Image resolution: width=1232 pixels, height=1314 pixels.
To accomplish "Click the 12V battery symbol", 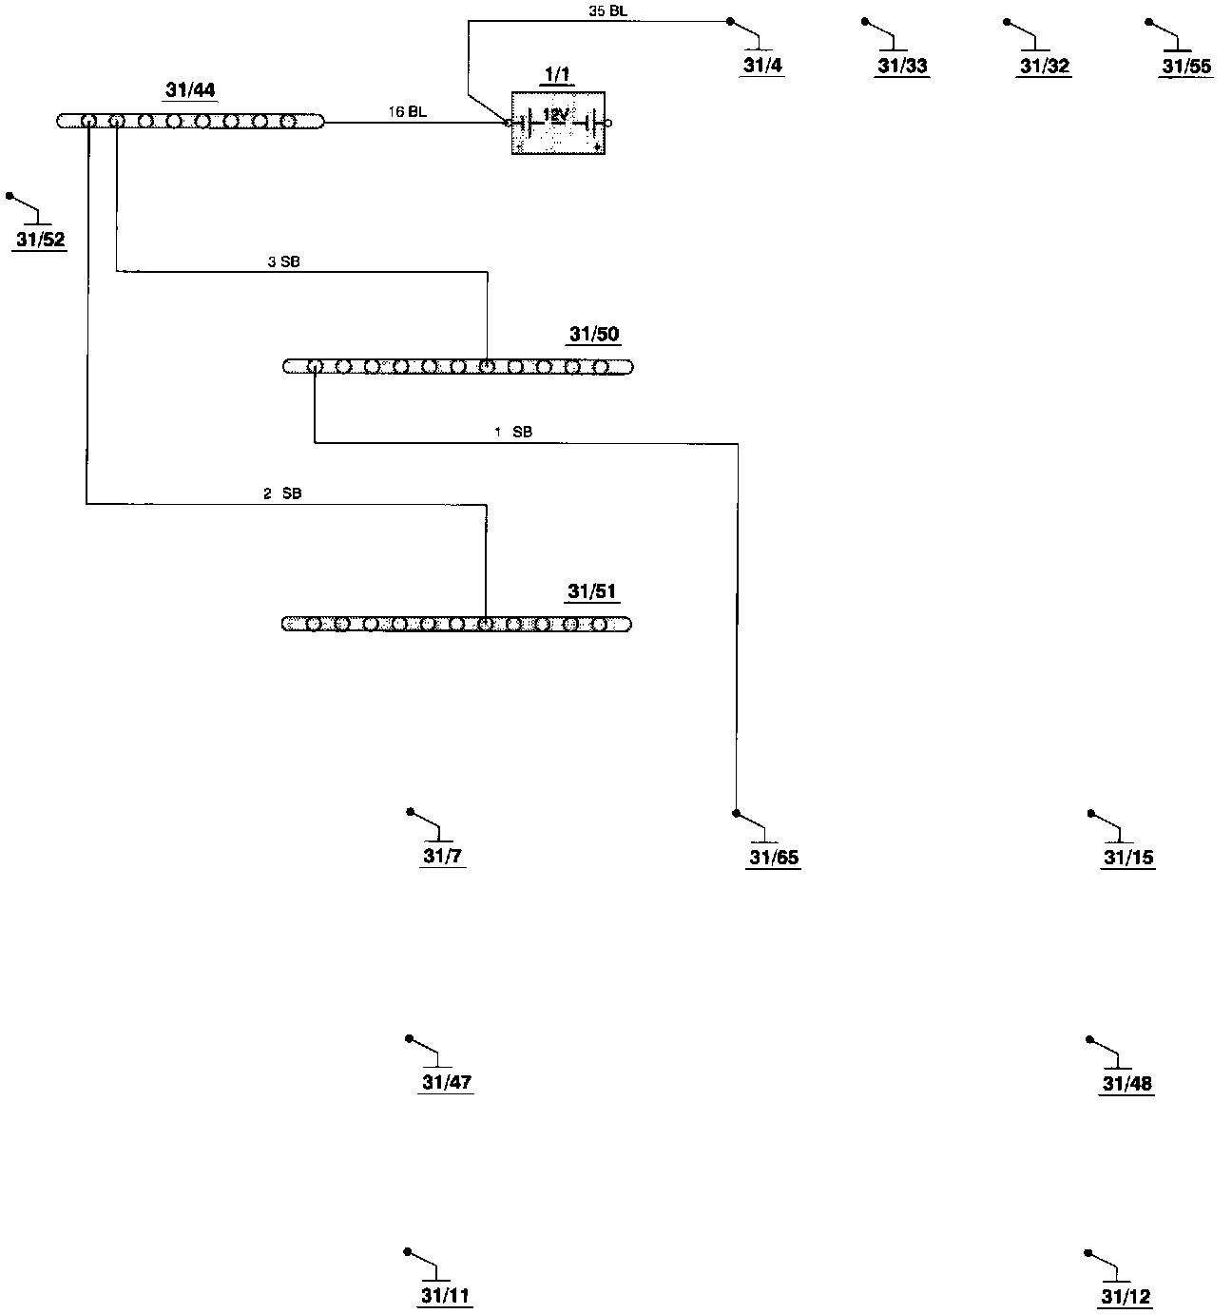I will tap(559, 123).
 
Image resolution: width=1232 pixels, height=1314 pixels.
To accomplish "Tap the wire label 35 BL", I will tap(608, 11).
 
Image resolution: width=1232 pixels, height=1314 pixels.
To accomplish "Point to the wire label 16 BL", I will tap(407, 112).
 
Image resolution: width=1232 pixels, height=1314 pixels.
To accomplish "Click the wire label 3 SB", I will tap(283, 261).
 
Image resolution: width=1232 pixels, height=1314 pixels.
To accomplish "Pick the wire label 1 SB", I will tap(513, 432).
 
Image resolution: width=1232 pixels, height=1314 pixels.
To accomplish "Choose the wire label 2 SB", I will tap(282, 493).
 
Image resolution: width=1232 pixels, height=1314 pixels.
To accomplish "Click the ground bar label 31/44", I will tap(190, 90).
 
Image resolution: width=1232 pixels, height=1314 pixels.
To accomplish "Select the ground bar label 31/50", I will tap(594, 335).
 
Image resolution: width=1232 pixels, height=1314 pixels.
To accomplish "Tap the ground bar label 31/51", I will tap(592, 591).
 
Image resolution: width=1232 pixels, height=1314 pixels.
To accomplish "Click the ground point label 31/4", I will tap(763, 66).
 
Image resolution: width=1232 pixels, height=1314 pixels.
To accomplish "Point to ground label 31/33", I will tap(902, 67).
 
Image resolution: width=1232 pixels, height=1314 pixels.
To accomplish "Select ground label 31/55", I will tap(1186, 67).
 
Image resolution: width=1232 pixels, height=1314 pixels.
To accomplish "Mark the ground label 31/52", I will tap(41, 240).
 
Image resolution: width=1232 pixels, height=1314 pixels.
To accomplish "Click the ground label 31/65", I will tap(774, 858).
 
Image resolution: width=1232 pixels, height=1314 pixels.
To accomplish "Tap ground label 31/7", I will tap(442, 857).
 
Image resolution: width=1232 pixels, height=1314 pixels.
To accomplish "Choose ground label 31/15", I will tap(1128, 858).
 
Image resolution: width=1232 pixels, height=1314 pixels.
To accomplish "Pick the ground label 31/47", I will tap(447, 1083).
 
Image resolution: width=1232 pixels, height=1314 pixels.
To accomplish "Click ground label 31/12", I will tap(1126, 1297).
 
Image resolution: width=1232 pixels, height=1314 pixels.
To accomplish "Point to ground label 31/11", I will tap(446, 1296).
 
